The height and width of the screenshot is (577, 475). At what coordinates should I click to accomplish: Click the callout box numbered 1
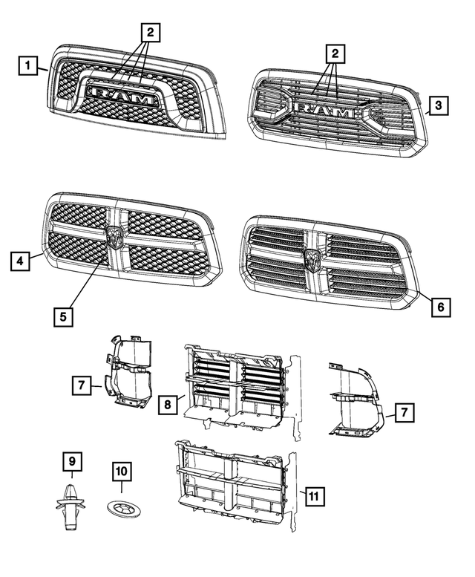(x=27, y=67)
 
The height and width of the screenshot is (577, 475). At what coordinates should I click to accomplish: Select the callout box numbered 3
(x=438, y=106)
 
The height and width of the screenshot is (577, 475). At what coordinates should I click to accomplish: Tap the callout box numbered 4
(x=20, y=261)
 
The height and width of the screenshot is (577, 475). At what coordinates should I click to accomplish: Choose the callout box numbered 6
(x=439, y=305)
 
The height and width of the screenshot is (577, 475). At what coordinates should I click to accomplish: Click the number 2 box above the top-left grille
(x=150, y=32)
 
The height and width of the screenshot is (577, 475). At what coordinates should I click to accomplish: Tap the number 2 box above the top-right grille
(x=335, y=53)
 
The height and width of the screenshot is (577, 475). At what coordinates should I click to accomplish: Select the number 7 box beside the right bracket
(x=404, y=412)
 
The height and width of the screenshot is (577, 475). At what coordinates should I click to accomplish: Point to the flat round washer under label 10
(x=122, y=510)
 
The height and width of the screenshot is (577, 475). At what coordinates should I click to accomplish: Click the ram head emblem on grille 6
(x=312, y=261)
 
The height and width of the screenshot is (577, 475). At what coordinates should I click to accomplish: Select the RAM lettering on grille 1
(x=123, y=97)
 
